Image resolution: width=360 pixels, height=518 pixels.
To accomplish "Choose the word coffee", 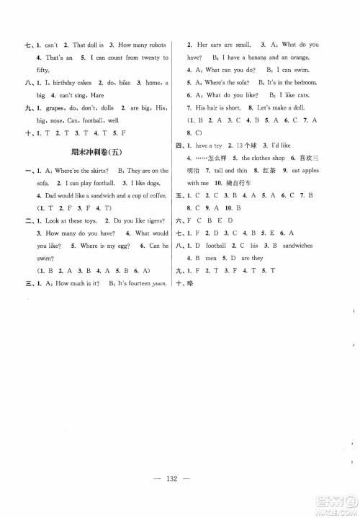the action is [x=159, y=195].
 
